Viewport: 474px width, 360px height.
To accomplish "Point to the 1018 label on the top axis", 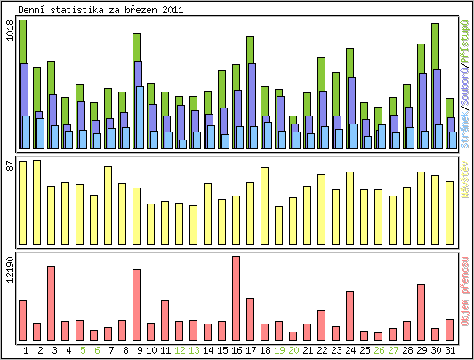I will coord(10,33).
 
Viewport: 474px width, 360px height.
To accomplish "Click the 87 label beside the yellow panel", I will coord(10,165).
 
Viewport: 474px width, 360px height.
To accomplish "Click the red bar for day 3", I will coord(51,302).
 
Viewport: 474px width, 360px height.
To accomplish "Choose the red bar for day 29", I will coord(422,312).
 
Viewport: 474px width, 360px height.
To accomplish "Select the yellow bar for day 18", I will coord(264,200).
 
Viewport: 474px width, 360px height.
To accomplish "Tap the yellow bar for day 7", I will coord(108,199).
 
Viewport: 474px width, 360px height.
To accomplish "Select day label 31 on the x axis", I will coord(450,350).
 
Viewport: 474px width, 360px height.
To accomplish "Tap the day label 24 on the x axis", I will coord(349,350).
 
